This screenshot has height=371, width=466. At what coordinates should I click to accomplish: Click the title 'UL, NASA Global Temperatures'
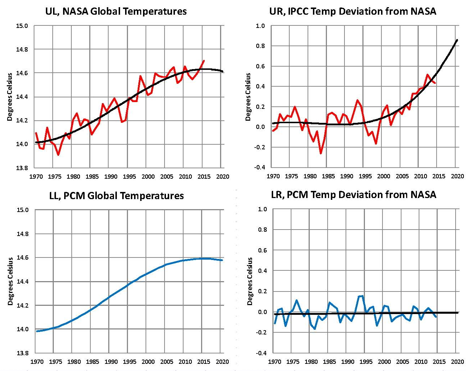click(x=116, y=11)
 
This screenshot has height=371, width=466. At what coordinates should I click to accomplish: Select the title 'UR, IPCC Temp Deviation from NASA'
click(x=352, y=11)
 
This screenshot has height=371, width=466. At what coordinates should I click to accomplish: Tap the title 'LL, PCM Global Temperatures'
click(x=116, y=196)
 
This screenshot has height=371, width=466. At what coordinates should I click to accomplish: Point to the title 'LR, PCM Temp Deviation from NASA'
click(x=353, y=194)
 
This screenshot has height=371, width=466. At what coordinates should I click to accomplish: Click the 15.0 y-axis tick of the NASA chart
click(x=22, y=26)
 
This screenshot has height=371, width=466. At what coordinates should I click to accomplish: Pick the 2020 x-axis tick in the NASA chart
click(x=223, y=176)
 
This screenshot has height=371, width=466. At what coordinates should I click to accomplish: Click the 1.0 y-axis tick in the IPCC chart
click(x=260, y=26)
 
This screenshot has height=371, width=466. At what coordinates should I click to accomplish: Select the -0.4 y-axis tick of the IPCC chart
click(x=260, y=167)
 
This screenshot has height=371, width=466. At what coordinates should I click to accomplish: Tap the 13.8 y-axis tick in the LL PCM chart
click(x=22, y=353)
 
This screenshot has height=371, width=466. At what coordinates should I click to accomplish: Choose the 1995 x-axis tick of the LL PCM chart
click(x=129, y=361)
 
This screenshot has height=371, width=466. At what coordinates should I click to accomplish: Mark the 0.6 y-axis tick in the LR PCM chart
click(x=263, y=250)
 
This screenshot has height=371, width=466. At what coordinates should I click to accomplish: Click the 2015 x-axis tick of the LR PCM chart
click(x=439, y=361)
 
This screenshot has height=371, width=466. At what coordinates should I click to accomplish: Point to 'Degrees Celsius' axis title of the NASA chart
click(x=10, y=97)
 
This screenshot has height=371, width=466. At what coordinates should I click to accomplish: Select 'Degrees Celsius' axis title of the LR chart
click(x=250, y=281)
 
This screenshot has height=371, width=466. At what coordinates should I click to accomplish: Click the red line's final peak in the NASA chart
click(x=204, y=61)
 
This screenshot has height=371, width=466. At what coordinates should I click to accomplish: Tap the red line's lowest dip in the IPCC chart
click(x=321, y=153)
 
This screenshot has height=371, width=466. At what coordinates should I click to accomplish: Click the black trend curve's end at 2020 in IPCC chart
click(x=457, y=40)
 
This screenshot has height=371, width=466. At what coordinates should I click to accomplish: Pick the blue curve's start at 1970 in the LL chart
click(x=37, y=331)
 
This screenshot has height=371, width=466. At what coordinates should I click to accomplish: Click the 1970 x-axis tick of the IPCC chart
click(x=273, y=176)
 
